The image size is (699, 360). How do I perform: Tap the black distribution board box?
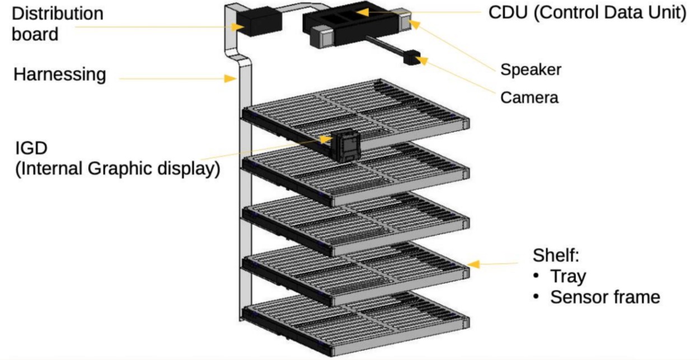click(x=259, y=22)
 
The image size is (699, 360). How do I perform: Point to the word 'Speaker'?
click(x=531, y=69)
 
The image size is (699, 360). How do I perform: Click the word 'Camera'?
click(x=529, y=97)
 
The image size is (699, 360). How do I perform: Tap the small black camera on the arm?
click(x=413, y=57)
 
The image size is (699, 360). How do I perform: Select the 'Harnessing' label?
click(x=59, y=74)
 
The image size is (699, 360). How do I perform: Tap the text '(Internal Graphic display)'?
click(x=116, y=169)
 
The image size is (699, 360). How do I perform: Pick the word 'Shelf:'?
click(x=555, y=256)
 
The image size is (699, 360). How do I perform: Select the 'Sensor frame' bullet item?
click(x=604, y=297)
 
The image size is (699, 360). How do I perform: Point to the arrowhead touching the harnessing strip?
click(x=229, y=78)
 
